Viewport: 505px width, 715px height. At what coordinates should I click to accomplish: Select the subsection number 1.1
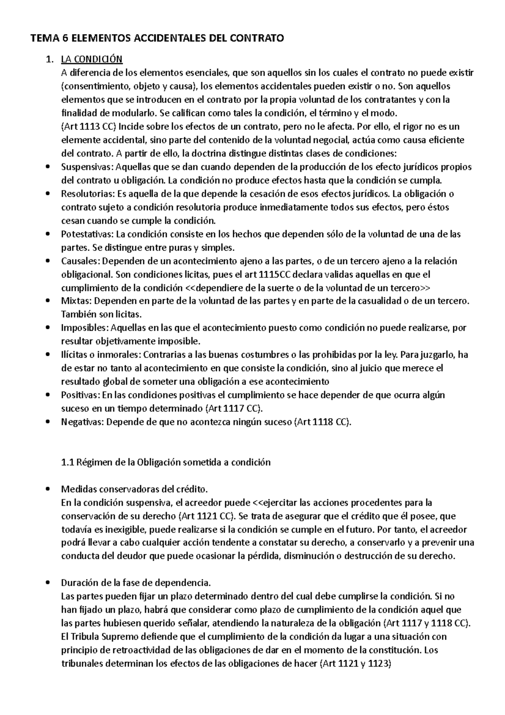[67, 462]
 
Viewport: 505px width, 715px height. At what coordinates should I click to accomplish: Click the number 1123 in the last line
[378, 664]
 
